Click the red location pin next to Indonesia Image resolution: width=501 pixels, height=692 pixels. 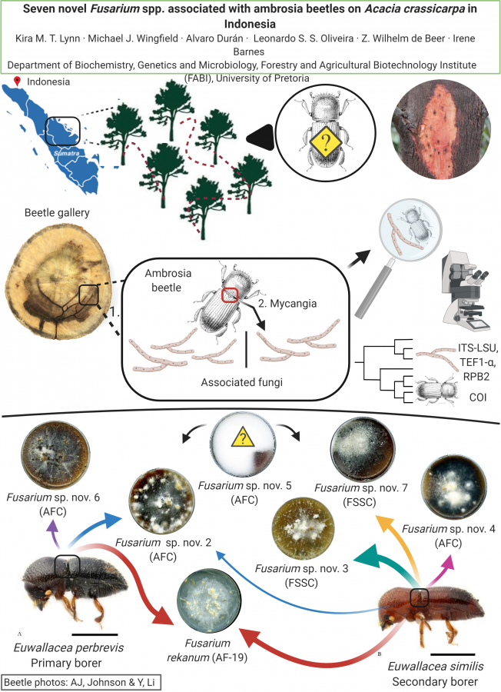[x=18, y=82]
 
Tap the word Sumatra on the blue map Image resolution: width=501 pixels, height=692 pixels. [x=67, y=153]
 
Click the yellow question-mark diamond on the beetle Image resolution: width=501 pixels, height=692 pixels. [x=326, y=142]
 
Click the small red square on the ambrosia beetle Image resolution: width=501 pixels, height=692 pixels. [x=230, y=294]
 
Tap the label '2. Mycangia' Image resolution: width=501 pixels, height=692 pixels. [x=287, y=304]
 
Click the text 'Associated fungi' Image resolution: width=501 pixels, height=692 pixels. [x=242, y=382]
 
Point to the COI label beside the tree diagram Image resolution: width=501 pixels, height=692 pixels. [x=478, y=398]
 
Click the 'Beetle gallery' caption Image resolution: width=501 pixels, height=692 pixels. [x=57, y=213]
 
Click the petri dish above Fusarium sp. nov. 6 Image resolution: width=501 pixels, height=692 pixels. [x=55, y=455]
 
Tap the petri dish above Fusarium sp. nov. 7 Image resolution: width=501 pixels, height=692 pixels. [x=362, y=449]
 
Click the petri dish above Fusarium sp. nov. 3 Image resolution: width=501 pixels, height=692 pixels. [x=303, y=528]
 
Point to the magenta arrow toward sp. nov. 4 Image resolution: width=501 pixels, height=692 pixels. [x=442, y=569]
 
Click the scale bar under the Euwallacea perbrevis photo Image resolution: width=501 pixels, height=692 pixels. [x=94, y=634]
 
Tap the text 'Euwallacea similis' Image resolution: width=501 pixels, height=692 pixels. [x=436, y=667]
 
